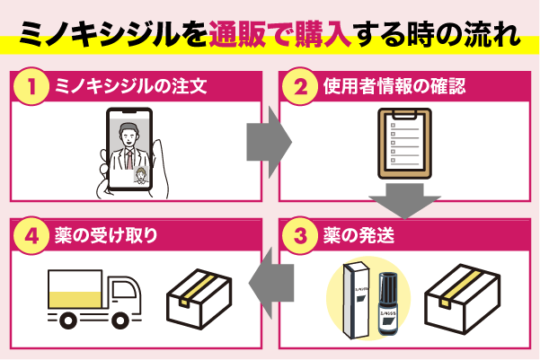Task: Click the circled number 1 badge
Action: tap(32, 87)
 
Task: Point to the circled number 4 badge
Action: tap(32, 236)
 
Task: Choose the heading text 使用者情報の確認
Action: tap(385, 87)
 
